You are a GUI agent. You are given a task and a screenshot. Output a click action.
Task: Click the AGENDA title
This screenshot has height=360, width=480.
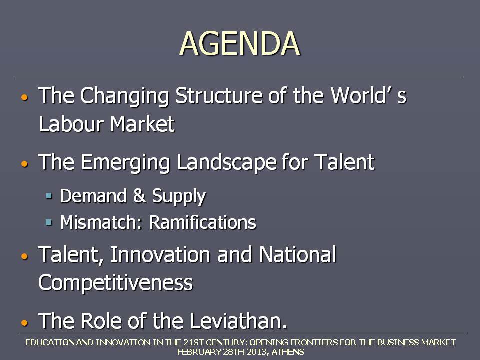239,44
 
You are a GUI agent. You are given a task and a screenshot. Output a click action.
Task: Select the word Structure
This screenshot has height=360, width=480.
219,95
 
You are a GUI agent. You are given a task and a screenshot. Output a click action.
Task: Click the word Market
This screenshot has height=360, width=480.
142,124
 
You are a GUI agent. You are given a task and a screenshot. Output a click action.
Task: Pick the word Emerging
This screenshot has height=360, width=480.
125,163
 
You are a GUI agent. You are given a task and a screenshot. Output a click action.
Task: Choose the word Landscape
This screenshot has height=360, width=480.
227,163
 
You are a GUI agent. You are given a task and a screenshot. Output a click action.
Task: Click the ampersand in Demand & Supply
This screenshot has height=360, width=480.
139,196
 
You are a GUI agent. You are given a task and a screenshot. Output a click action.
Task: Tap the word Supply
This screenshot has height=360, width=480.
179,197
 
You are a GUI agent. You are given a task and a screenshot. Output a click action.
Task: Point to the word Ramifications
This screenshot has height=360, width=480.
202,222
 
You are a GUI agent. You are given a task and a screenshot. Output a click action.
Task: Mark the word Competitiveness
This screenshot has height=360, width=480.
115,283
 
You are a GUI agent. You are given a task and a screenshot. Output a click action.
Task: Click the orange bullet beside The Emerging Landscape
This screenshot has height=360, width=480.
25,164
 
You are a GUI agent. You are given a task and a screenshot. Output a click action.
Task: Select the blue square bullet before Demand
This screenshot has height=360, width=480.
49,195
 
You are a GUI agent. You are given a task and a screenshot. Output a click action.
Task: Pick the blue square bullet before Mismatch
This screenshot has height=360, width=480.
49,222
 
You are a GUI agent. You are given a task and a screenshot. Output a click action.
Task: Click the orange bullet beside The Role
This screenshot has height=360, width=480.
25,322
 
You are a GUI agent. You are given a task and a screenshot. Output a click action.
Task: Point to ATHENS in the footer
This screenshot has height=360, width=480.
288,352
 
